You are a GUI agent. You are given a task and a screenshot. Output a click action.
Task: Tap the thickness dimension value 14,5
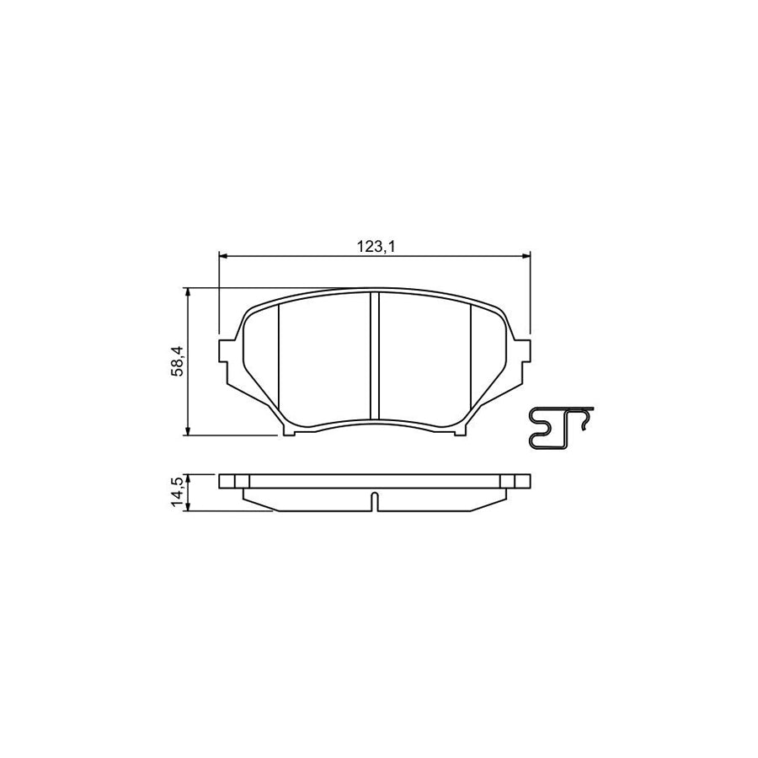(x=178, y=491)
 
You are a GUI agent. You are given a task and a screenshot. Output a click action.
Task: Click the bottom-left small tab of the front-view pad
(x=291, y=432)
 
